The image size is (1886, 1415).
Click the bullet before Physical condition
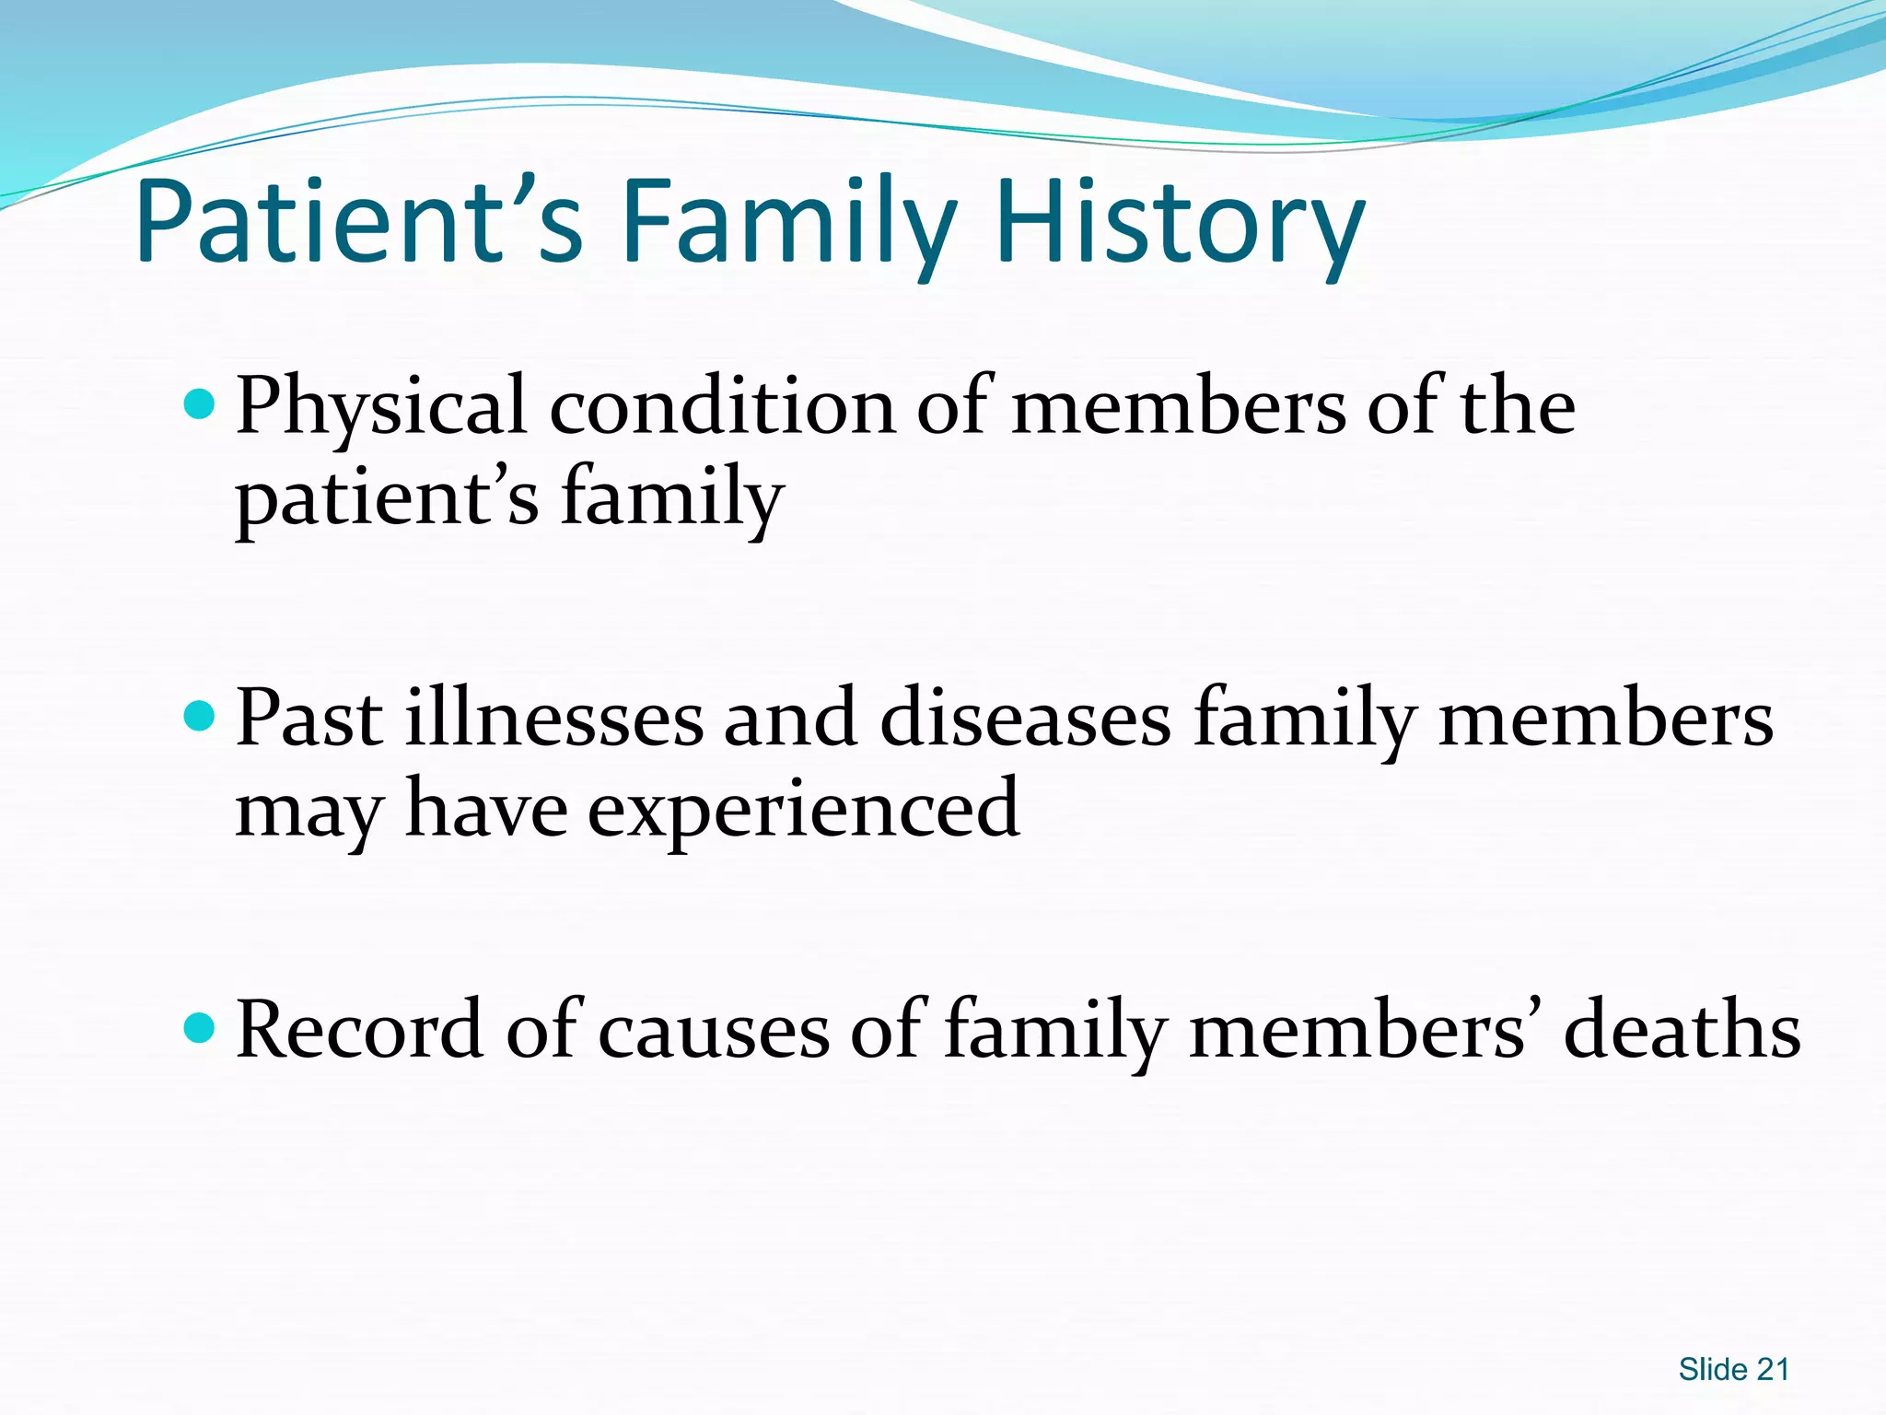point(199,403)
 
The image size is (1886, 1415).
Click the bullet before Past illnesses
point(199,716)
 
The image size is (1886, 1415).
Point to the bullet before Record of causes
point(199,1026)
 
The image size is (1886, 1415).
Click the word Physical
point(380,407)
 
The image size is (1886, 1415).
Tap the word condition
point(722,407)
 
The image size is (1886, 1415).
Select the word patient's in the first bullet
point(387,498)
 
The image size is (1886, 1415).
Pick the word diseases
point(1025,719)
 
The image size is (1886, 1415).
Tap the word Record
point(359,1030)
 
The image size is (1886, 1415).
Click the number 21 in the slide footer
point(1773,1370)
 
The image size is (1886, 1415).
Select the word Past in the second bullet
point(309,719)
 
